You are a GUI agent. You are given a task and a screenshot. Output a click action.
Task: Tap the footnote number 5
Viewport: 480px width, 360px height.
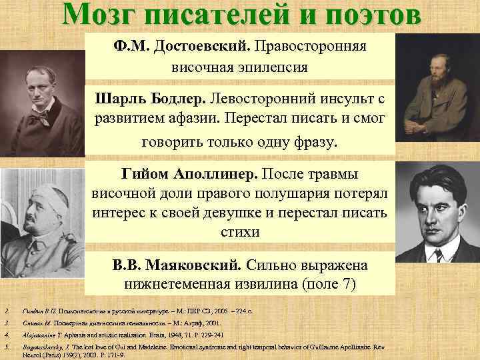tap(6, 347)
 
